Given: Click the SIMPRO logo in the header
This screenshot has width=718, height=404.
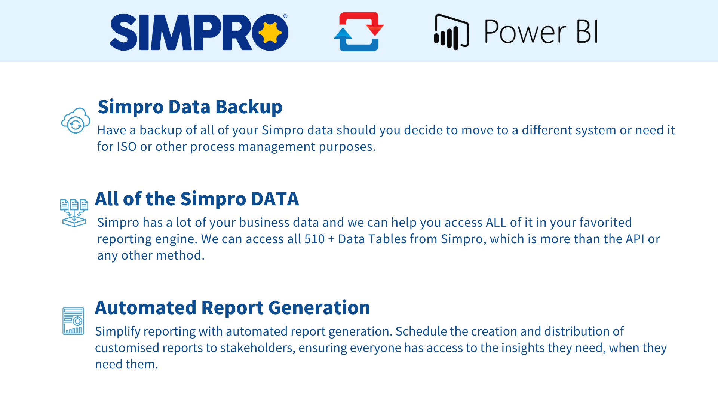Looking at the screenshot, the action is (x=199, y=32).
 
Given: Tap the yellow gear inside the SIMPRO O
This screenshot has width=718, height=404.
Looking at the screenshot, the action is (x=270, y=32).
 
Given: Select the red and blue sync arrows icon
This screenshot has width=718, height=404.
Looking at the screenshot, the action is (x=359, y=31).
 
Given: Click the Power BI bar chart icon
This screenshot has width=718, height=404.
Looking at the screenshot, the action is (x=451, y=32).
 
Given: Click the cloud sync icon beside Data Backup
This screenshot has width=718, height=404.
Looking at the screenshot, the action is (x=76, y=120).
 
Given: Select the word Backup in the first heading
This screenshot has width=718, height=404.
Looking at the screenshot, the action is (x=249, y=108).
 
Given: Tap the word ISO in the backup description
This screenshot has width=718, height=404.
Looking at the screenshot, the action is (x=126, y=147).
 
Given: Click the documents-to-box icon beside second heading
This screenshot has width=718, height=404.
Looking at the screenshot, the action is (x=74, y=213).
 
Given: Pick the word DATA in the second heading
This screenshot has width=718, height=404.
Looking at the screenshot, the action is (x=275, y=199).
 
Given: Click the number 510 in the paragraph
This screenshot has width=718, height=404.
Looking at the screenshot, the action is (x=314, y=239).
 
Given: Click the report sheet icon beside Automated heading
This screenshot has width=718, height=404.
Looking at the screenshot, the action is (x=73, y=321).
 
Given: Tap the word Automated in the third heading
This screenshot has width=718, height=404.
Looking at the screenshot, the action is (x=145, y=308).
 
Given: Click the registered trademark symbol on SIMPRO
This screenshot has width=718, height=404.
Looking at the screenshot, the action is (x=285, y=16).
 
